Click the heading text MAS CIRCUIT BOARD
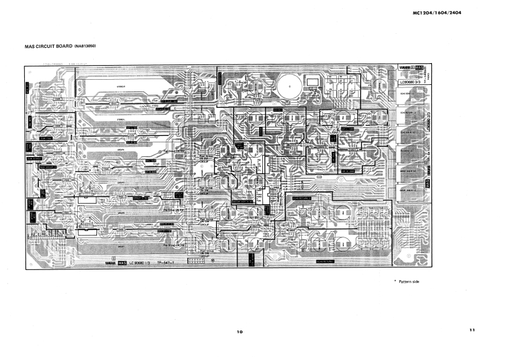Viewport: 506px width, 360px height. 48,47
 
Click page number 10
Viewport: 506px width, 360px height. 239,332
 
